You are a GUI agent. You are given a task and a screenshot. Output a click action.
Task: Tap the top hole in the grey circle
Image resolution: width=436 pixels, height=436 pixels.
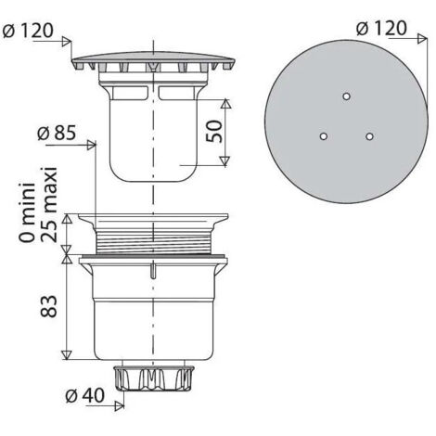345,96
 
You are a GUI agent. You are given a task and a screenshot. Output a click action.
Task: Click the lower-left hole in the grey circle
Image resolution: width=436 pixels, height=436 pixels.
323,136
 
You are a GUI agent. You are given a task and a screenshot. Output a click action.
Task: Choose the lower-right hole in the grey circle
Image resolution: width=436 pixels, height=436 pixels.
369,136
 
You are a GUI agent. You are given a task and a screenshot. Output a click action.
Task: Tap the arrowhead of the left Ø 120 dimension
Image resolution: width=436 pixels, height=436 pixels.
68,42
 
